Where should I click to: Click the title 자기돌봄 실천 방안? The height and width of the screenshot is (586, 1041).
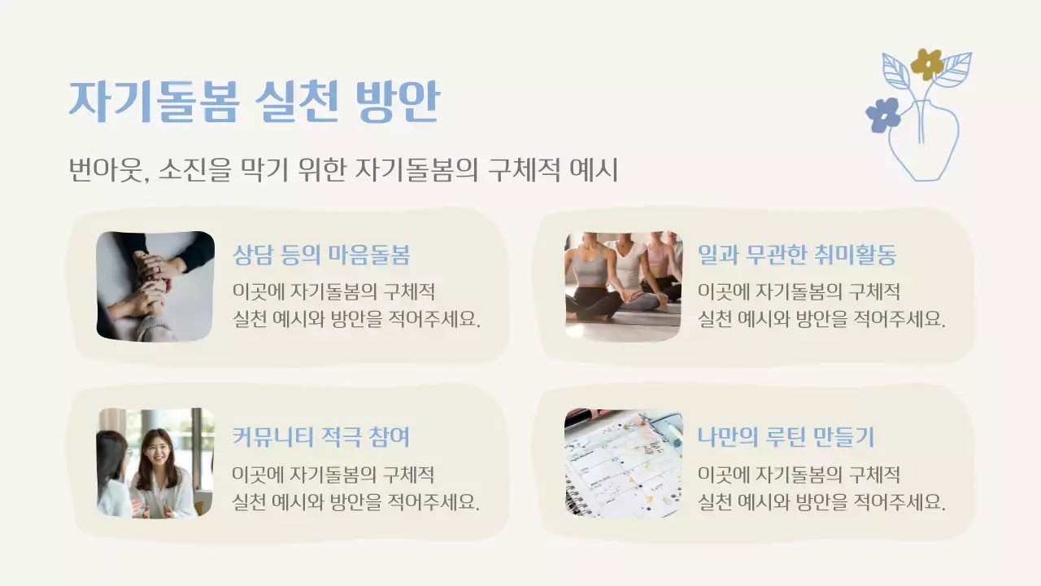tap(254, 100)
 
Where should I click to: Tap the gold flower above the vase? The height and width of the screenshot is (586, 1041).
tap(926, 63)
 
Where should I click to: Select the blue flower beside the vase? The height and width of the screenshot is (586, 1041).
tap(882, 115)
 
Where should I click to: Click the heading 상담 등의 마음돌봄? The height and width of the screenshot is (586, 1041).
tap(321, 255)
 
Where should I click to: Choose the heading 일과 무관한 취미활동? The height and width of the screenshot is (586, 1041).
tap(797, 255)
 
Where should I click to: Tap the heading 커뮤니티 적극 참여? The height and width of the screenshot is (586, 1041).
tap(320, 437)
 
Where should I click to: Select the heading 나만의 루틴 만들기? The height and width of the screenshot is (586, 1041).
tap(786, 437)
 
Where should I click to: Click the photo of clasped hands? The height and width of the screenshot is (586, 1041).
tap(155, 286)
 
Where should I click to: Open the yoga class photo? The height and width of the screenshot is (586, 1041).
tap(624, 286)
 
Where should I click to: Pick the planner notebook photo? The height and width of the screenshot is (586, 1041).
tap(624, 463)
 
